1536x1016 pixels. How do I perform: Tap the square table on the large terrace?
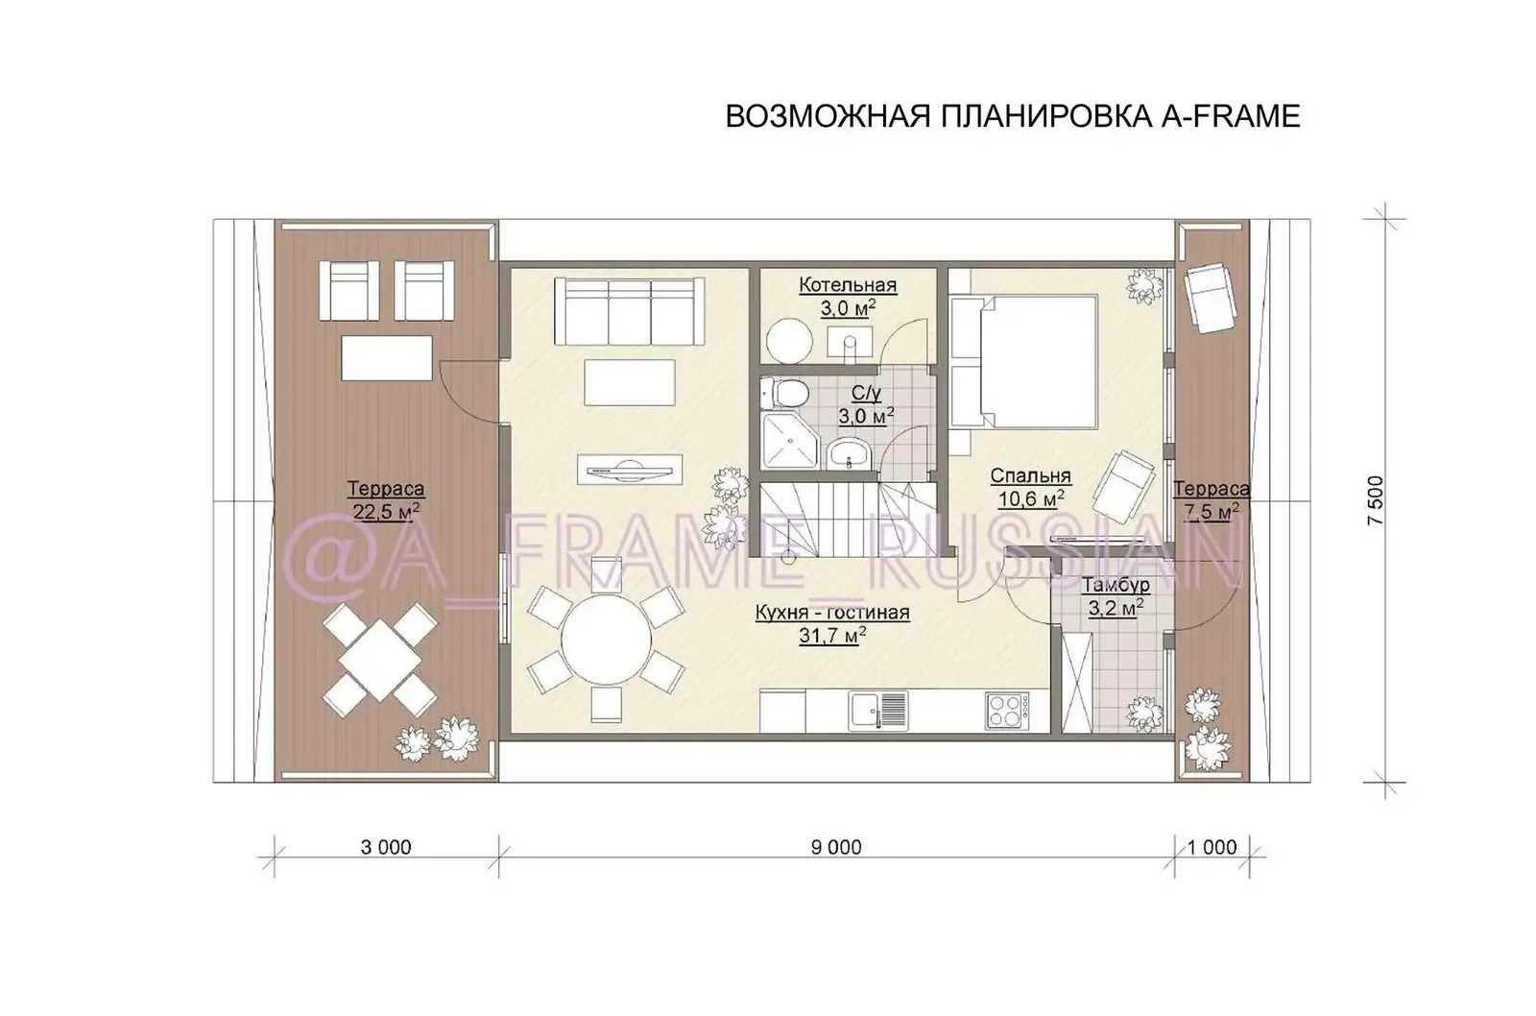(x=379, y=661)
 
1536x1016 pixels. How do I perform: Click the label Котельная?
(x=848, y=285)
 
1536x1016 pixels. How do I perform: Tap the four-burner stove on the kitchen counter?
(x=1006, y=712)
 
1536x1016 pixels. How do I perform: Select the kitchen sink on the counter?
(x=877, y=712)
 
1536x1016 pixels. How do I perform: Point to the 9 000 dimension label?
(x=836, y=847)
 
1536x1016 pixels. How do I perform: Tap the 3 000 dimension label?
(x=386, y=847)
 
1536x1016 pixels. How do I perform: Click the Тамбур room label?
(x=1116, y=586)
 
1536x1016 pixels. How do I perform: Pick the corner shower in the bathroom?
(x=784, y=439)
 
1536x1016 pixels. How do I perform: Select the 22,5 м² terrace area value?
(x=386, y=512)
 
